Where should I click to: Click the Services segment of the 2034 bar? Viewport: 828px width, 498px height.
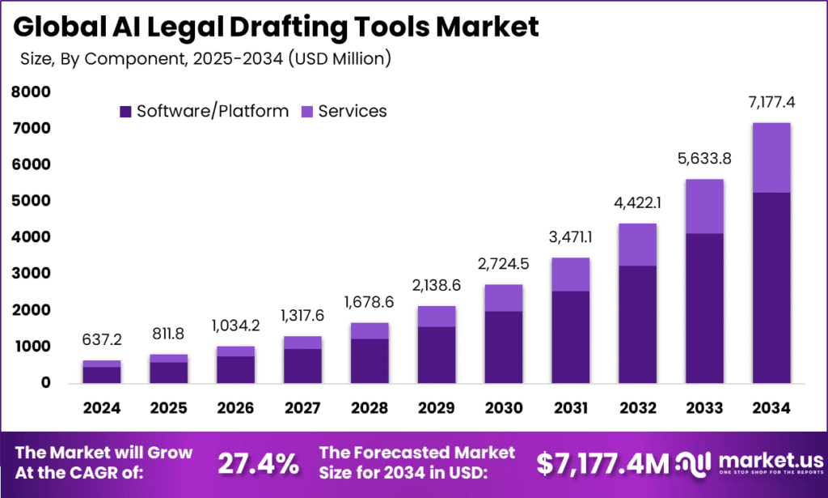click(771, 158)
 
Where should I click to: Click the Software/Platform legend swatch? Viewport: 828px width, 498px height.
click(125, 112)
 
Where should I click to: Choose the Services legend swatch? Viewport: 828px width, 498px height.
click(306, 112)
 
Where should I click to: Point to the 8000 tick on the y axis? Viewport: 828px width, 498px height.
click(32, 93)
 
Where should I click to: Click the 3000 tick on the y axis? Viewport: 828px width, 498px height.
click(32, 275)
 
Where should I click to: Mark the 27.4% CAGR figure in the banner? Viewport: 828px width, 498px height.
click(258, 463)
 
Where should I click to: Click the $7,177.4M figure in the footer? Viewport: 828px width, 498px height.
click(603, 463)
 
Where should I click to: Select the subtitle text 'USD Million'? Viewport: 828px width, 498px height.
click(344, 57)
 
